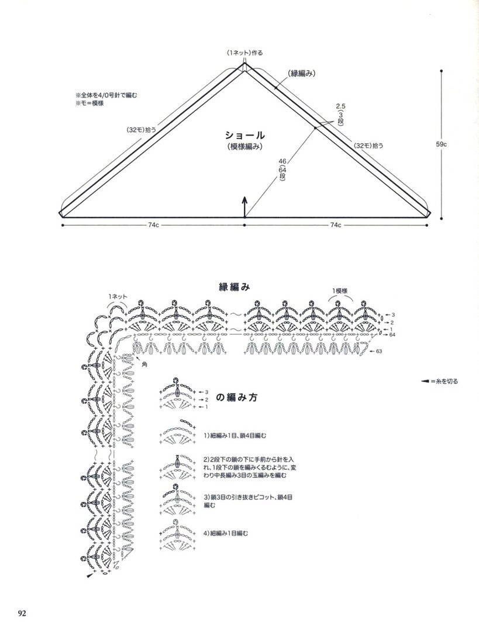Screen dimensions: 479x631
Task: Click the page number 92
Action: pyautogui.click(x=22, y=613)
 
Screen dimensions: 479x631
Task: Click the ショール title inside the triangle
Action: pyautogui.click(x=244, y=135)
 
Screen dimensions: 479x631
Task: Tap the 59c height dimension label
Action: pyautogui.click(x=441, y=143)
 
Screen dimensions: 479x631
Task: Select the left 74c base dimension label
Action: pyautogui.click(x=153, y=226)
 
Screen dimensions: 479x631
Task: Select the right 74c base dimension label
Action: pyautogui.click(x=336, y=226)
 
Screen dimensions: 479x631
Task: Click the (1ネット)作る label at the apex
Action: pyautogui.click(x=244, y=53)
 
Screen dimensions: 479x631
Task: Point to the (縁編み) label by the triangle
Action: pyautogui.click(x=301, y=74)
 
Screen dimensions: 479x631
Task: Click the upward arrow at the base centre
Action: pyautogui.click(x=244, y=207)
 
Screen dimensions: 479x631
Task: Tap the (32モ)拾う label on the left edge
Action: pyautogui.click(x=142, y=130)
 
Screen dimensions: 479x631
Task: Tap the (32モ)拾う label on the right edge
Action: pyautogui.click(x=368, y=145)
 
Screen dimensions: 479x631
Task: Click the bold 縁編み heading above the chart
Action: pyautogui.click(x=234, y=286)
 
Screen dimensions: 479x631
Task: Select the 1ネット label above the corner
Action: pyautogui.click(x=117, y=297)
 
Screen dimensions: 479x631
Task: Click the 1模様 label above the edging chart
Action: pyautogui.click(x=340, y=290)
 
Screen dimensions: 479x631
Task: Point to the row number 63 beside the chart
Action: pyautogui.click(x=378, y=351)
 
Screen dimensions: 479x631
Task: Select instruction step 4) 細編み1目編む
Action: pyautogui.click(x=226, y=533)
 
